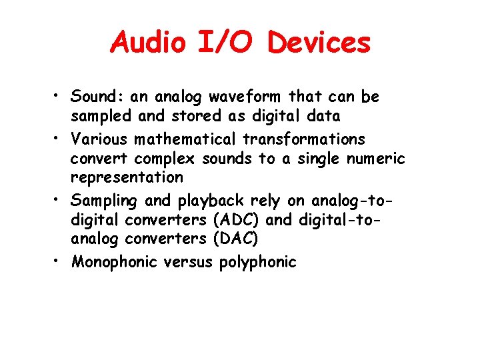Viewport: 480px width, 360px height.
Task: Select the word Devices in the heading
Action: point(319,43)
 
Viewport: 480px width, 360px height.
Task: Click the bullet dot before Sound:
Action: point(60,97)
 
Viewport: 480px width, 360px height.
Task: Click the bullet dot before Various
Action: point(60,139)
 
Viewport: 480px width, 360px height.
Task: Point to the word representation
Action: point(127,177)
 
